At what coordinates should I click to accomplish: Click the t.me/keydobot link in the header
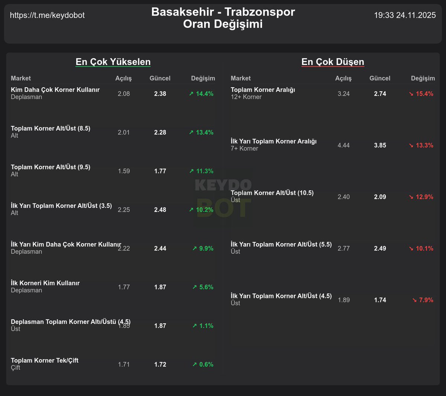coord(47,15)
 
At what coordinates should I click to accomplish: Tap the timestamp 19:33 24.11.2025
coord(405,15)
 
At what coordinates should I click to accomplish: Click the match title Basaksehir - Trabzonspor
coord(223,12)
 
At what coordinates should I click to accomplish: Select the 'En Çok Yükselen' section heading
coord(113,62)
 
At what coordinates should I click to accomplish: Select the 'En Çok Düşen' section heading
coord(333,62)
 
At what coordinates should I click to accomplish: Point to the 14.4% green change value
coord(201,94)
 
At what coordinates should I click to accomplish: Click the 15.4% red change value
coord(421,94)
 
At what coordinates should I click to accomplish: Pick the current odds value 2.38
coord(160,94)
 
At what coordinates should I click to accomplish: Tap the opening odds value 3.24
coord(343,94)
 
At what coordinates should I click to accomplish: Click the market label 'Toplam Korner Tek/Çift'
coord(45,360)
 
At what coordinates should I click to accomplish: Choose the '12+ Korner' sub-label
coord(246,97)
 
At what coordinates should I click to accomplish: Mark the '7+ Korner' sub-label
coord(244,148)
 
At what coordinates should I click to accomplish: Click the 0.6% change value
coord(203,364)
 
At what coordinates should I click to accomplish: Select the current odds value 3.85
coord(380,145)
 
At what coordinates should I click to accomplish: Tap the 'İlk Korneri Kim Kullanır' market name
coord(45,283)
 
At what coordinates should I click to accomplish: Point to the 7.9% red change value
coord(423,300)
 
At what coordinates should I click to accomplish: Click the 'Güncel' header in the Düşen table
coord(380,78)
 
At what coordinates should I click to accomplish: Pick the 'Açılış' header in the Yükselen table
coord(123,78)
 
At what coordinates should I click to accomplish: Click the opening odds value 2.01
coord(124,132)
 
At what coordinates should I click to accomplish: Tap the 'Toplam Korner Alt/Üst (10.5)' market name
coord(272,193)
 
